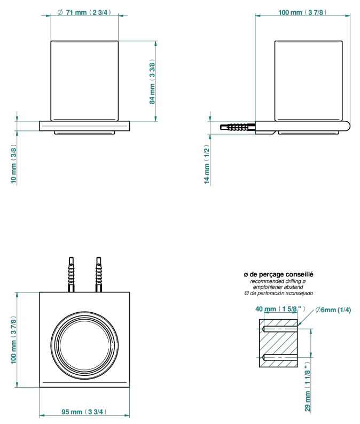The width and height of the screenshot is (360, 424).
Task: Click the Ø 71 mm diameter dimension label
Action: [84, 12]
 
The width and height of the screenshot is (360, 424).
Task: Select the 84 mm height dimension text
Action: [152, 82]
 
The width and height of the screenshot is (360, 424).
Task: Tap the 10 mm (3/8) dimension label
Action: [13, 164]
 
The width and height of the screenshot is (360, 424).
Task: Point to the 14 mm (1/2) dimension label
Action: [207, 164]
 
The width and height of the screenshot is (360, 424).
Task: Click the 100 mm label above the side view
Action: [302, 12]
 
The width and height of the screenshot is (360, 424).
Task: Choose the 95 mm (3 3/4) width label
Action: [84, 412]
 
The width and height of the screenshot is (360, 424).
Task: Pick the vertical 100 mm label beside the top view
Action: [13, 340]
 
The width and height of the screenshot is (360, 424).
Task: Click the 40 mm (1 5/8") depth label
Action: [280, 309]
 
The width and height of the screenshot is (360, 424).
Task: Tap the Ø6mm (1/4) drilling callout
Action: [333, 310]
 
